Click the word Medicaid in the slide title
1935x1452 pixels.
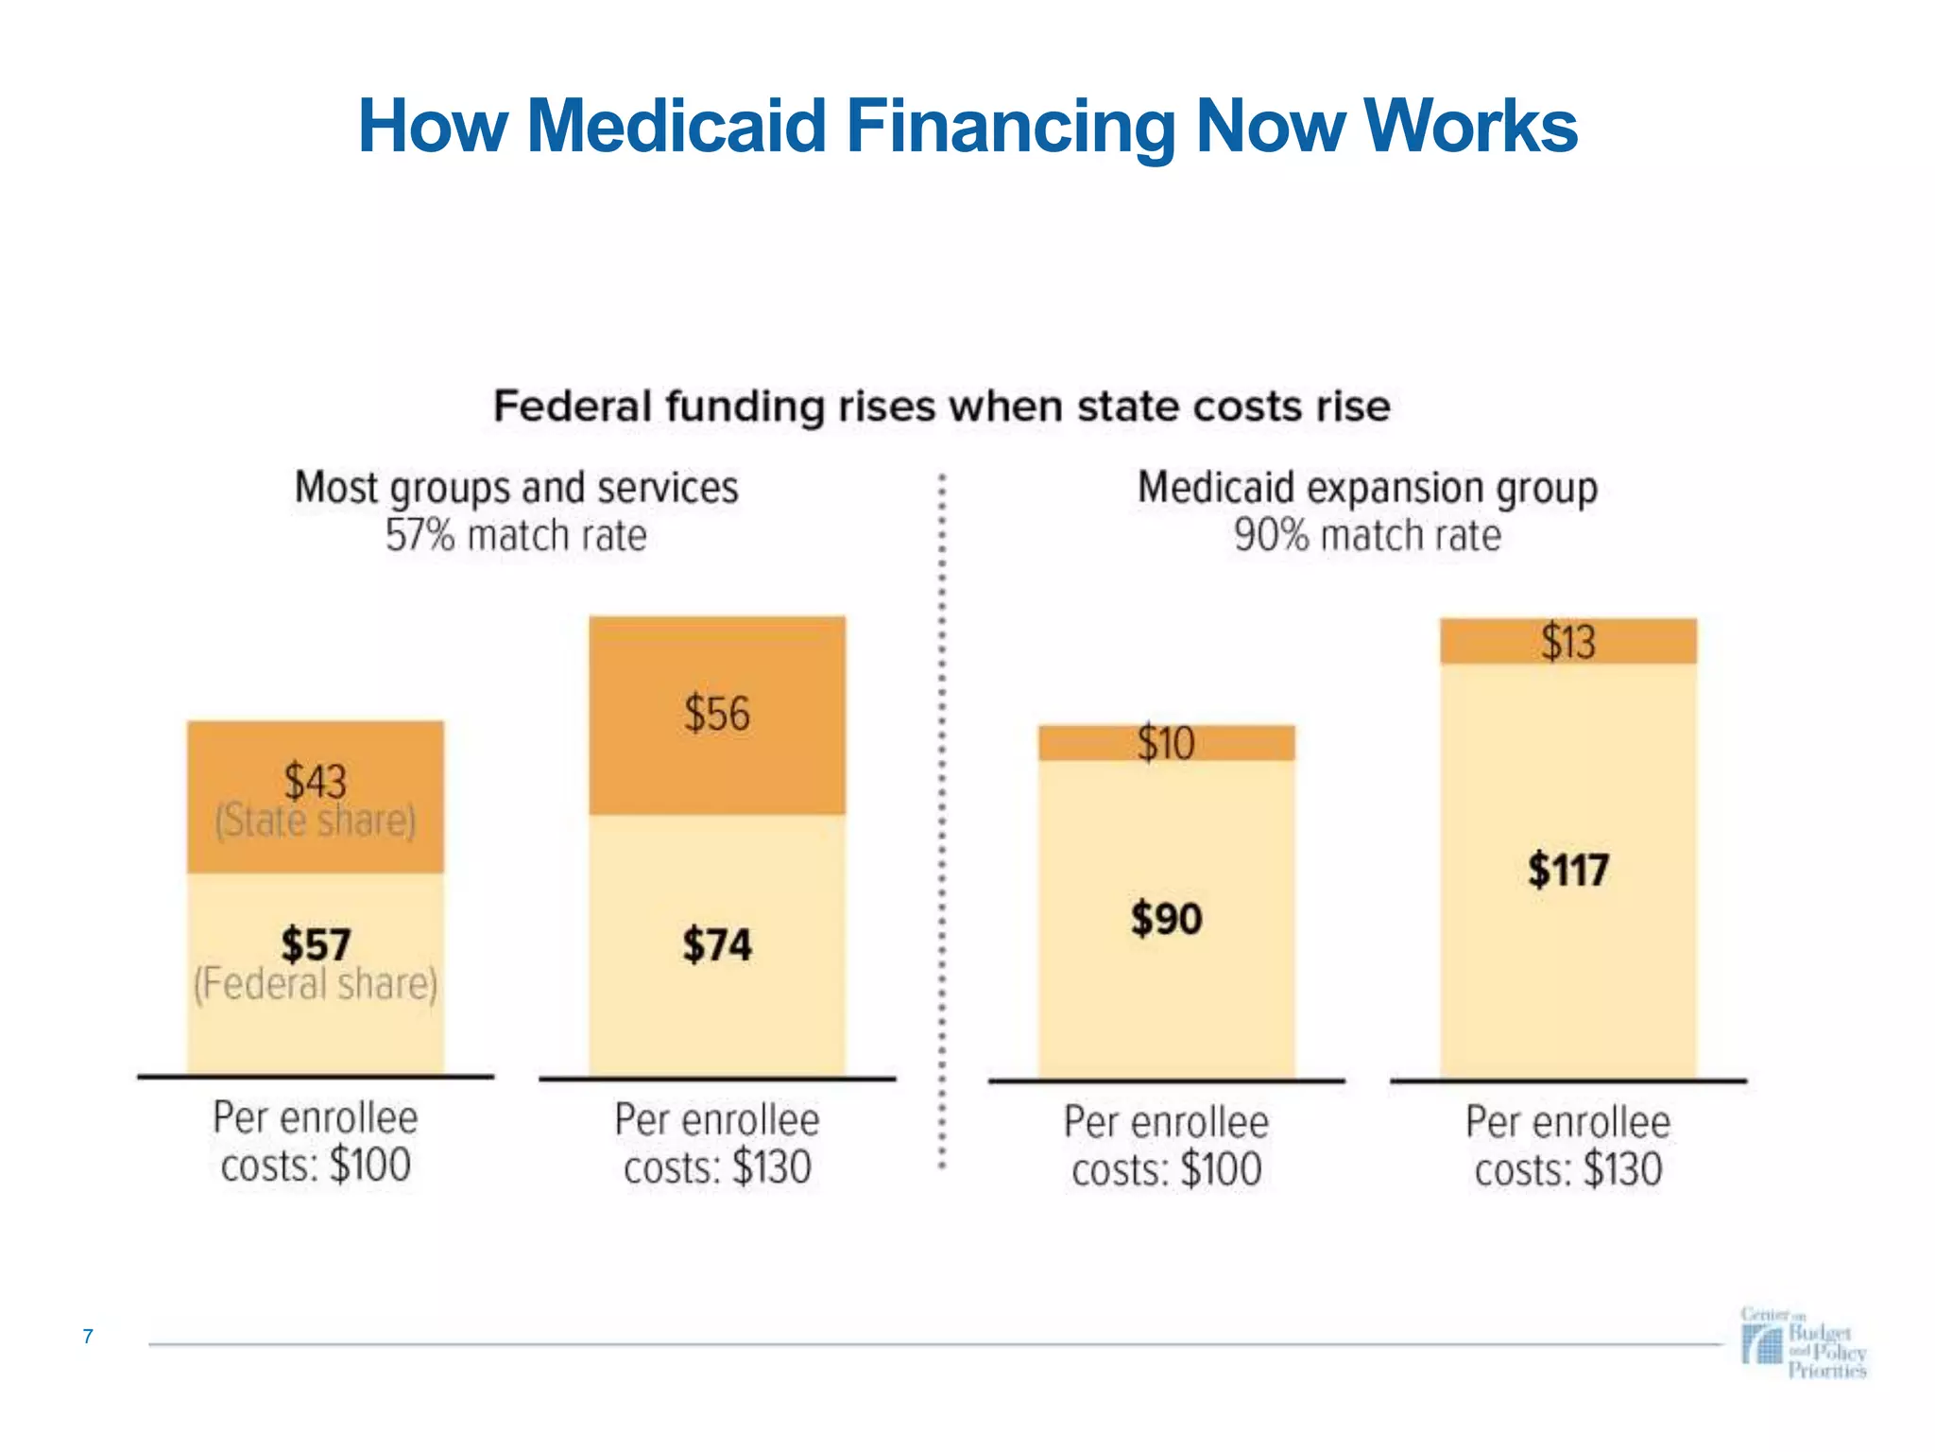click(676, 126)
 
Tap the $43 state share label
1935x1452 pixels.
click(316, 782)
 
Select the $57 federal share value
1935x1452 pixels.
click(316, 944)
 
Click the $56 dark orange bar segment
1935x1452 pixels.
click(717, 714)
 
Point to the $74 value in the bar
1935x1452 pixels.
click(717, 944)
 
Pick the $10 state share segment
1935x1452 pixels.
click(1166, 743)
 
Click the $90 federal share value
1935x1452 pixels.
click(1166, 919)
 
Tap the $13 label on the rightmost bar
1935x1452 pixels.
click(1567, 642)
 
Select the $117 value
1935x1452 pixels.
click(1567, 870)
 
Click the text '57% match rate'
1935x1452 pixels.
click(516, 536)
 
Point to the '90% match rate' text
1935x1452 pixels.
click(1367, 536)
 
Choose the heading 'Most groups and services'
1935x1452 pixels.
click(516, 488)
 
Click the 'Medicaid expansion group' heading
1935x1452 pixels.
click(1367, 488)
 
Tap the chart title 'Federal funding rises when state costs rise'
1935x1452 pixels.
click(941, 406)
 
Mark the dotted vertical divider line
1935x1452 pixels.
click(942, 822)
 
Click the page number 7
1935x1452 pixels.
click(88, 1336)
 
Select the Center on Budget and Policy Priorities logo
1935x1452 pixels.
click(1803, 1343)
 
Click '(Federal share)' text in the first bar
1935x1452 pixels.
click(316, 984)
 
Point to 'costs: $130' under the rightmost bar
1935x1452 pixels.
click(1567, 1170)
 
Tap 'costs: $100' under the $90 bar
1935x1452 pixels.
click(1166, 1170)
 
